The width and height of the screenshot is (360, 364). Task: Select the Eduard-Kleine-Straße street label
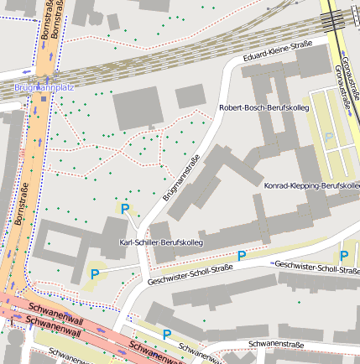pyautogui.click(x=277, y=52)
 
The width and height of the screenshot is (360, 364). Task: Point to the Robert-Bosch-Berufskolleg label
pyautogui.click(x=263, y=109)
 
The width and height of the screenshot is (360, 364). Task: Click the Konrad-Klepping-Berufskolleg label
pyautogui.click(x=311, y=185)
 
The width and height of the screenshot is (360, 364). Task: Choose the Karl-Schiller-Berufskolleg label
pyautogui.click(x=166, y=242)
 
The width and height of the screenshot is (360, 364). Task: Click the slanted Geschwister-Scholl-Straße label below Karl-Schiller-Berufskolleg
pyautogui.click(x=189, y=275)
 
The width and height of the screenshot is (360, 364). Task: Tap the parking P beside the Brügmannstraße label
pyautogui.click(x=125, y=209)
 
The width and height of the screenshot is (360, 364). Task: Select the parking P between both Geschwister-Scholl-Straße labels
pyautogui.click(x=242, y=256)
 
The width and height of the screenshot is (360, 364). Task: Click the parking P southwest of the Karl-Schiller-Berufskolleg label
pyautogui.click(x=94, y=273)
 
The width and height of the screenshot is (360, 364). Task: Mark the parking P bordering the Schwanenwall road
pyautogui.click(x=166, y=334)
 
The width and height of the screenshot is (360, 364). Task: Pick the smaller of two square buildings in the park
pyautogui.click(x=190, y=96)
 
